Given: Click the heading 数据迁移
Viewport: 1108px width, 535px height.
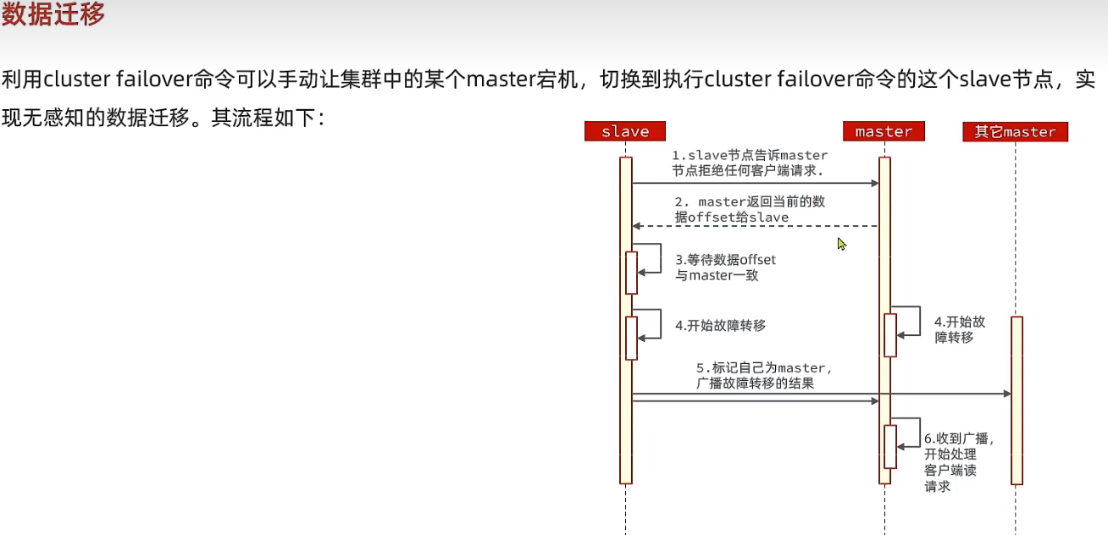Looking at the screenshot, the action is (53, 15).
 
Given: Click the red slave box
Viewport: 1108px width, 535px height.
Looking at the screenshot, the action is (624, 131).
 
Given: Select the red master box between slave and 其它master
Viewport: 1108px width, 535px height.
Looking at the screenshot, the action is (884, 131).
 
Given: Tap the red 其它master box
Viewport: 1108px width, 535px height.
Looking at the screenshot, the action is (1015, 131).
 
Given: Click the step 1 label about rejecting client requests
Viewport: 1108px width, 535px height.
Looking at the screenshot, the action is (749, 163).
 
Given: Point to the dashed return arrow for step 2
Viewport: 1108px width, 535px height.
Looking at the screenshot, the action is (754, 226).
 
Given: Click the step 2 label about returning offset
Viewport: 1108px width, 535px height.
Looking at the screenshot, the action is (749, 209).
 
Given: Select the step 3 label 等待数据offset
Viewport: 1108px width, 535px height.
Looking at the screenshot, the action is (725, 267).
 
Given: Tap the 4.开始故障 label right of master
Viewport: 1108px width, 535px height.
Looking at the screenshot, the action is (959, 329).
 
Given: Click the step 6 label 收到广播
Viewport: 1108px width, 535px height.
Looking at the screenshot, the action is (956, 461).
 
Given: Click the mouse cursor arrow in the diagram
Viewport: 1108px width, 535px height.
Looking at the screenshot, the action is (841, 244).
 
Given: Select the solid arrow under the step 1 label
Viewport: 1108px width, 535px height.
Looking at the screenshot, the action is (754, 182).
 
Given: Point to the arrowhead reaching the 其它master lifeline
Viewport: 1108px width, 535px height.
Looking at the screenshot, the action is (1006, 394).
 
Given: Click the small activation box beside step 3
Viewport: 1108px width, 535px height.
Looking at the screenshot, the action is (631, 272).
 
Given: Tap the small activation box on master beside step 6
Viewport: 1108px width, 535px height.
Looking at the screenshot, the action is (890, 446).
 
